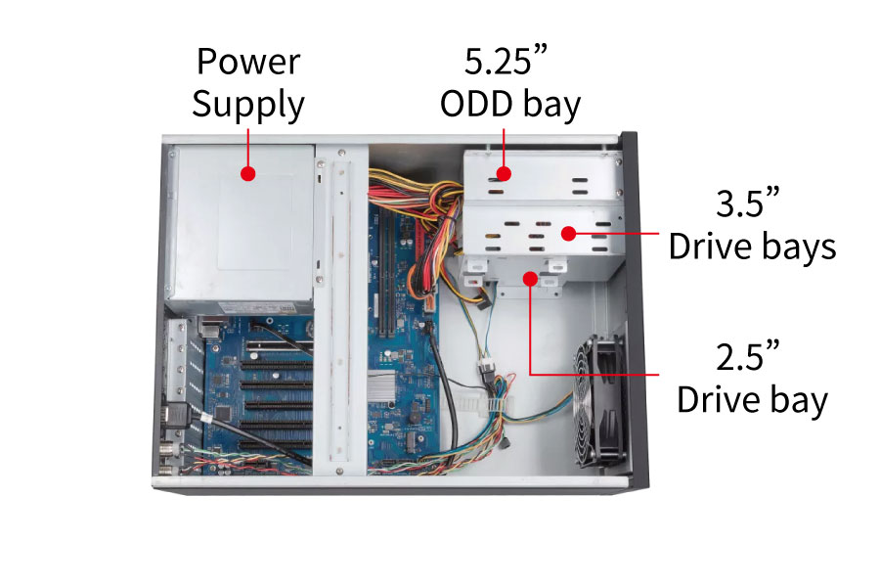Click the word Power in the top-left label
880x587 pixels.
(x=248, y=62)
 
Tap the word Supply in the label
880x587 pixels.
(x=248, y=104)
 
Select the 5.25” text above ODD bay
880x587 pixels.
(x=505, y=62)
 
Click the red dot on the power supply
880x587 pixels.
(x=248, y=174)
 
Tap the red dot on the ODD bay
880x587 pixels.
(x=504, y=174)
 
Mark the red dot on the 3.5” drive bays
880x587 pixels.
(x=567, y=234)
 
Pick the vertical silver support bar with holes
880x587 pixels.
(x=339, y=303)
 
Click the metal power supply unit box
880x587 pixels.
(x=240, y=225)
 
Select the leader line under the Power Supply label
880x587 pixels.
(x=248, y=147)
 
